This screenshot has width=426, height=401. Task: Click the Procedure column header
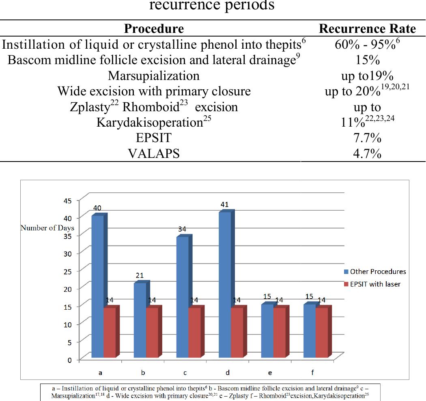(x=154, y=29)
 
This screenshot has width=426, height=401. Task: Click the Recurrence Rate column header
(x=367, y=29)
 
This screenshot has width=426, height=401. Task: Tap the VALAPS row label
(x=154, y=154)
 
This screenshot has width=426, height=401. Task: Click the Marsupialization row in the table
(x=154, y=75)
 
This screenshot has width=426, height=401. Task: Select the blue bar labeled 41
(x=225, y=284)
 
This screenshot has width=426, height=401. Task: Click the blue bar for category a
(x=98, y=286)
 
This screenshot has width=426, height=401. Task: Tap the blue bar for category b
(x=140, y=321)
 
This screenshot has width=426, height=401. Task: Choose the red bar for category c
(x=195, y=333)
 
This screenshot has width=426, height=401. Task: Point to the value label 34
(x=182, y=229)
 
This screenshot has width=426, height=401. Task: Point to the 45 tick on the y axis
(x=67, y=200)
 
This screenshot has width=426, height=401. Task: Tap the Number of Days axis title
(x=47, y=228)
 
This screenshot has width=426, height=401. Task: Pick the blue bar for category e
(x=267, y=331)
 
